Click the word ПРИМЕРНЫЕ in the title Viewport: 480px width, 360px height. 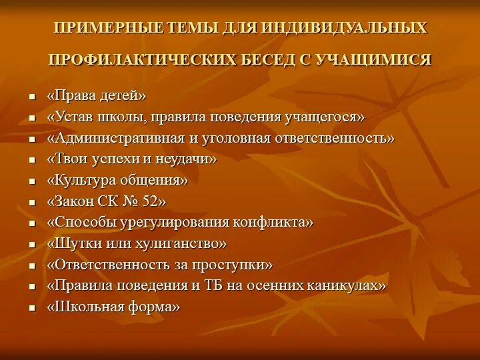pyautogui.click(x=107, y=29)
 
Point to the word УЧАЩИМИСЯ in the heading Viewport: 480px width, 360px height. pyautogui.click(x=380, y=60)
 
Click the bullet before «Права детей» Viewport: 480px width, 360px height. pyautogui.click(x=31, y=97)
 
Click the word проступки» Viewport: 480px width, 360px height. pyautogui.click(x=233, y=265)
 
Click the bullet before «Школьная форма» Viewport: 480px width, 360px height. pyautogui.click(x=31, y=308)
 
